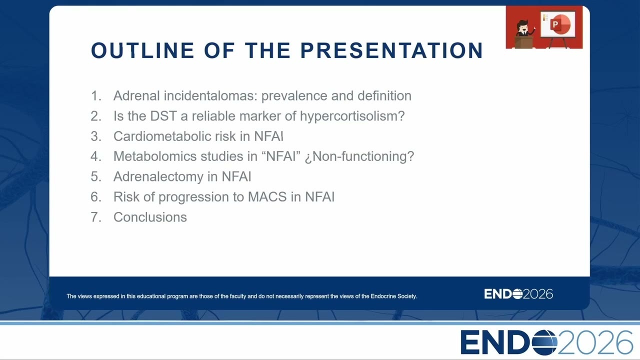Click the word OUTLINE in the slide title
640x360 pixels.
point(142,50)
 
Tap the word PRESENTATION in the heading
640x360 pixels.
point(391,50)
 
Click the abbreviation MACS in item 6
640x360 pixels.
point(267,197)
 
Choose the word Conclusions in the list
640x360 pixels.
point(150,217)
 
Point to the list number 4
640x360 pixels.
point(96,156)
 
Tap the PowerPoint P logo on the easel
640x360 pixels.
point(560,24)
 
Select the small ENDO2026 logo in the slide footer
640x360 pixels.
point(518,294)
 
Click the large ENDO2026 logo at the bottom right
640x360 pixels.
point(546,342)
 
